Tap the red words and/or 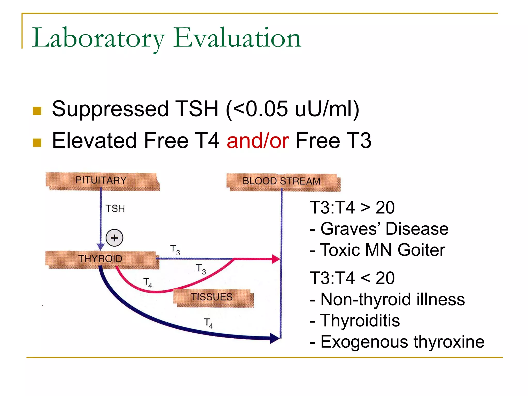258,141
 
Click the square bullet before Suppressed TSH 37,111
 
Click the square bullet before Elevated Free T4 37,143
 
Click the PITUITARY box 101,180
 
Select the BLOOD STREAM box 282,181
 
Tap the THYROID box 101,259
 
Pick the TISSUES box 212,297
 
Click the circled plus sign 114,238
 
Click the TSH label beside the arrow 115,209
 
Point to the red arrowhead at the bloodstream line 276,259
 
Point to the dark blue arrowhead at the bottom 275,338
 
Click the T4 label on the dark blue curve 208,323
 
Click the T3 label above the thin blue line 175,250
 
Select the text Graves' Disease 384,229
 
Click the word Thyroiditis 360,320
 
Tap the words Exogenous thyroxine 402,342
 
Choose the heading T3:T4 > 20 352,208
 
